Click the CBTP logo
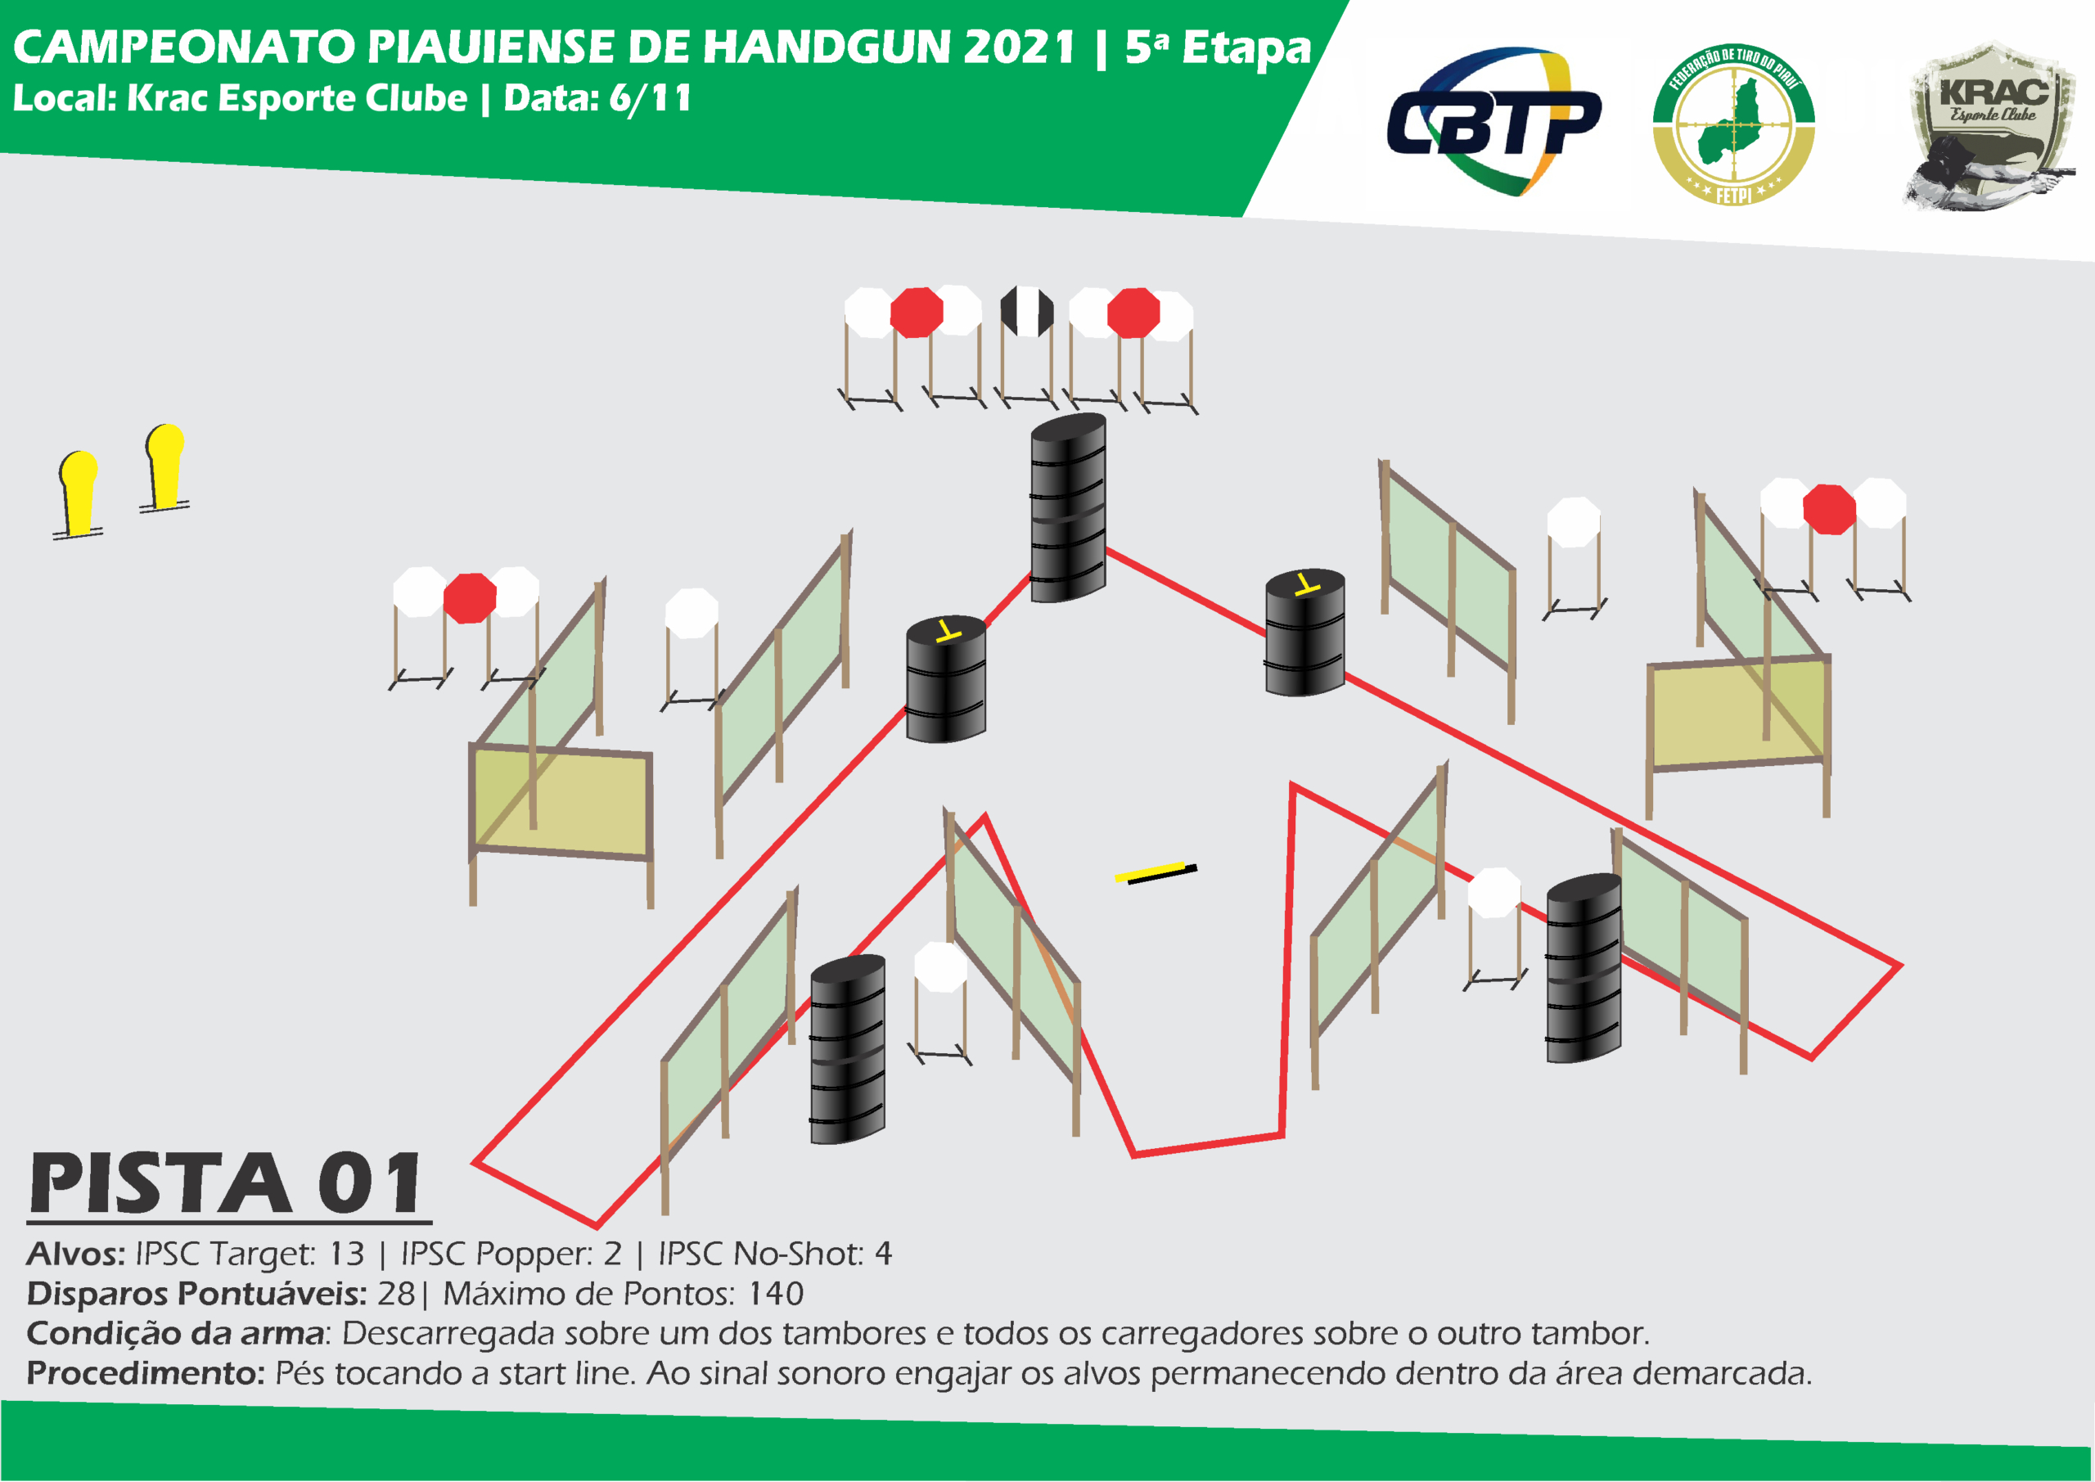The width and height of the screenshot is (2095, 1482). pyautogui.click(x=1493, y=121)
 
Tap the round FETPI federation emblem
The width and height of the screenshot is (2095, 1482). pyautogui.click(x=1733, y=124)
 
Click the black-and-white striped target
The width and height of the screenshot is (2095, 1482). pyautogui.click(x=1026, y=311)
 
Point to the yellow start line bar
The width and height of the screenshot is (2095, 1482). pyautogui.click(x=1156, y=872)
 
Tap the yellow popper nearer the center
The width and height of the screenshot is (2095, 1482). pyautogui.click(x=164, y=467)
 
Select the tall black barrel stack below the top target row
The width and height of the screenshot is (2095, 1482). pyautogui.click(x=1068, y=507)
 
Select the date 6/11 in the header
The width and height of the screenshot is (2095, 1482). pyautogui.click(x=650, y=98)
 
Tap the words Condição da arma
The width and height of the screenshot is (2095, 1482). pyautogui.click(x=175, y=1334)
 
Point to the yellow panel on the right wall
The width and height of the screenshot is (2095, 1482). pyautogui.click(x=1737, y=712)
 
